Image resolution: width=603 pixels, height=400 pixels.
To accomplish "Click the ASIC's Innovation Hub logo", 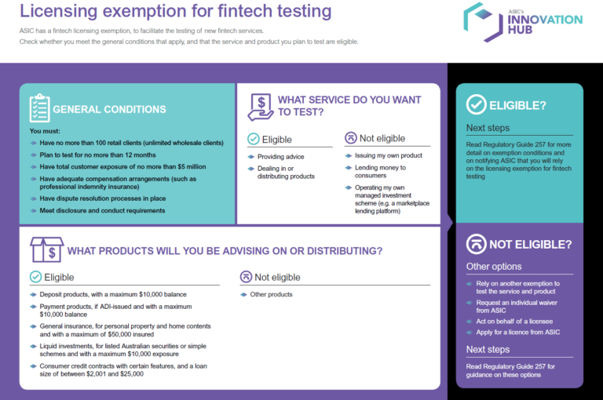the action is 523,22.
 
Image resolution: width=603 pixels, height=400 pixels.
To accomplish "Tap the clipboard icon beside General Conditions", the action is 39,108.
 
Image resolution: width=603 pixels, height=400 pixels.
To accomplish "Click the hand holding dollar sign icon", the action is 261,107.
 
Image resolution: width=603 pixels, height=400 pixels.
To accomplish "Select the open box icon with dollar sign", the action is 46,249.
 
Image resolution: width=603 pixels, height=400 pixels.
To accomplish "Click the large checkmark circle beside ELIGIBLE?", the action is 476,104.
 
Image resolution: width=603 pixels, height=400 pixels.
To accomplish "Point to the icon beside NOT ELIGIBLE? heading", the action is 476,244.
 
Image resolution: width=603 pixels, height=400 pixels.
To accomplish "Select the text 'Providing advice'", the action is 281,157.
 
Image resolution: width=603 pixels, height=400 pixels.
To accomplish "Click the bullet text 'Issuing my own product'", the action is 389,155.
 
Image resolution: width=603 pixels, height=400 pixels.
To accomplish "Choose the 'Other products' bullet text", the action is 271,294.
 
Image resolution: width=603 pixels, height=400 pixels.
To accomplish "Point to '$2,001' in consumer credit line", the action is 96,374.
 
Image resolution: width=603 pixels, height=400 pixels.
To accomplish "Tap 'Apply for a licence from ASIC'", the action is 518,332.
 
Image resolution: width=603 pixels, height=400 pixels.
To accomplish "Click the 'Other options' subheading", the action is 494,267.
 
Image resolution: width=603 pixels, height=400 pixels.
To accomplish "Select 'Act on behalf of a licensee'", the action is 514,322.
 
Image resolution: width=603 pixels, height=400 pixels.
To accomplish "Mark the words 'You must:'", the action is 45,131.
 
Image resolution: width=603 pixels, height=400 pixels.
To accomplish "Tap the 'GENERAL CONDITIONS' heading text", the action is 109,110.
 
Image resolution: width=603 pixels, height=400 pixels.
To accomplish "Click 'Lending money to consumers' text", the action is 380,172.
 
